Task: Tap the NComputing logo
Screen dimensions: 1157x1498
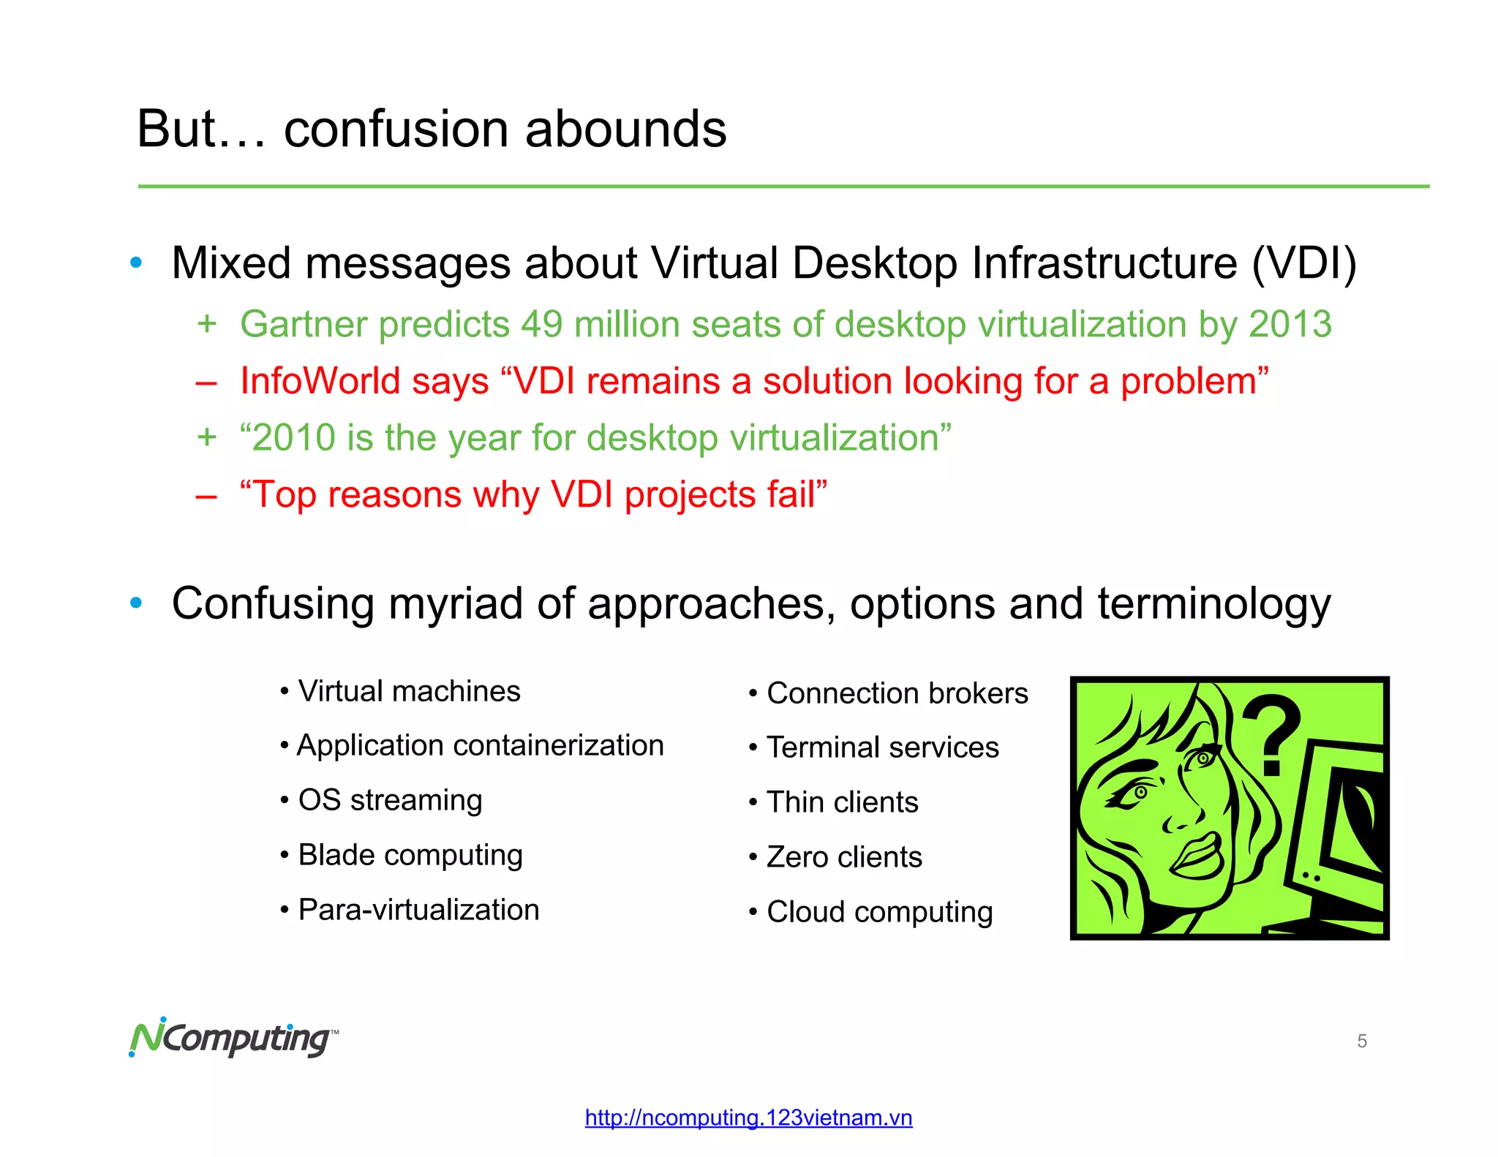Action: coord(233,1038)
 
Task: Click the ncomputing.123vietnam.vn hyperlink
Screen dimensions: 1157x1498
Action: coord(748,1118)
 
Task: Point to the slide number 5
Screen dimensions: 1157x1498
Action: coord(1361,1041)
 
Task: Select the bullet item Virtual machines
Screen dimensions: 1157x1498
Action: coord(409,691)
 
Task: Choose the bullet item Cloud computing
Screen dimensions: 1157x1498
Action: coord(879,912)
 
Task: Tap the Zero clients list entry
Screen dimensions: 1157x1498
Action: coord(844,857)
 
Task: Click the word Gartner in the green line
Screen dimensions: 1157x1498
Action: coord(301,324)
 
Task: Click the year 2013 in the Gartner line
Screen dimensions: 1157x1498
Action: coord(1290,324)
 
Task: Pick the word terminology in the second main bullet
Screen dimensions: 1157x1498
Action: coord(1213,604)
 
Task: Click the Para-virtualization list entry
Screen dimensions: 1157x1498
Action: coord(418,910)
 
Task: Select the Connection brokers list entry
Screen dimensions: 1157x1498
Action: coord(897,693)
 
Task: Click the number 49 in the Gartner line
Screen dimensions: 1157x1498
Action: coord(541,324)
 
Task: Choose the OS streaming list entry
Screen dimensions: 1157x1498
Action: coord(390,800)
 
